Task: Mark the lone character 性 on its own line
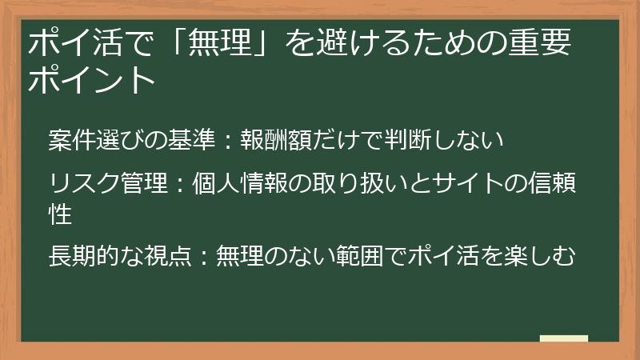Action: tap(59, 214)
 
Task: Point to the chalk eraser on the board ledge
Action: tap(564, 338)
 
